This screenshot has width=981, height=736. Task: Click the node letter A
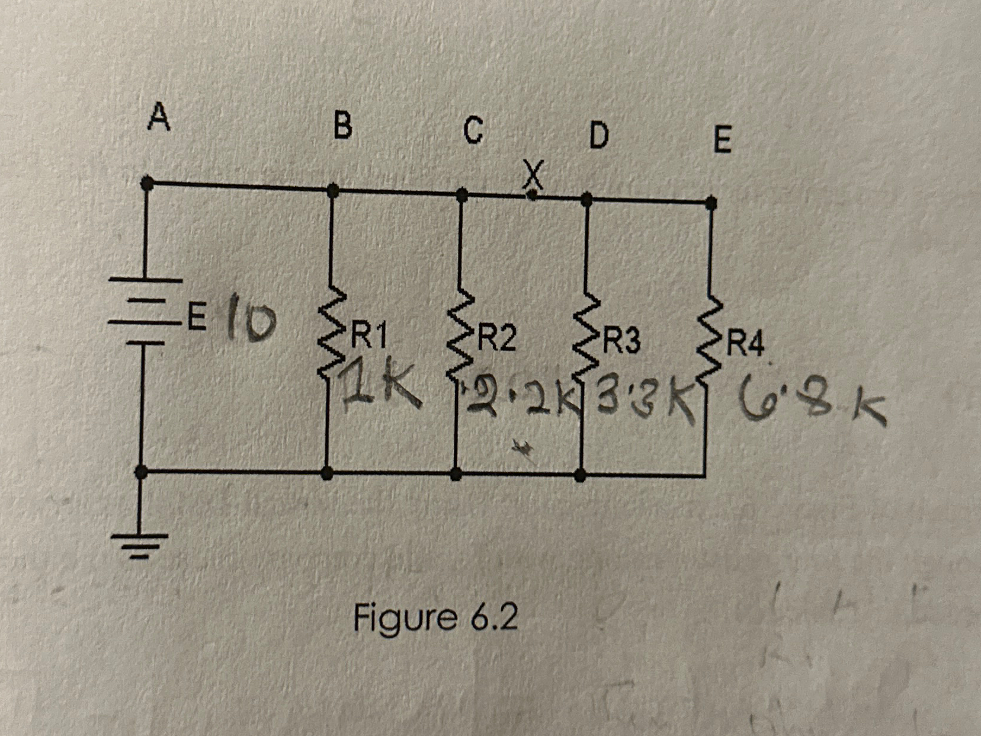(x=159, y=116)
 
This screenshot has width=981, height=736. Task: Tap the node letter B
(x=342, y=126)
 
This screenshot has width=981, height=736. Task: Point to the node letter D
(x=598, y=136)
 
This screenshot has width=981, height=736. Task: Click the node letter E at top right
(x=722, y=140)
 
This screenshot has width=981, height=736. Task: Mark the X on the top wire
(x=533, y=177)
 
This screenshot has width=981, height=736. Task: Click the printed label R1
(x=369, y=337)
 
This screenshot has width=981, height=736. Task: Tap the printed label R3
(x=621, y=341)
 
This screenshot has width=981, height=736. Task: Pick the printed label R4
(x=746, y=344)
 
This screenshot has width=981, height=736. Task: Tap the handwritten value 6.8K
(x=812, y=404)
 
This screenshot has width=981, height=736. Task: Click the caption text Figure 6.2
(x=435, y=617)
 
